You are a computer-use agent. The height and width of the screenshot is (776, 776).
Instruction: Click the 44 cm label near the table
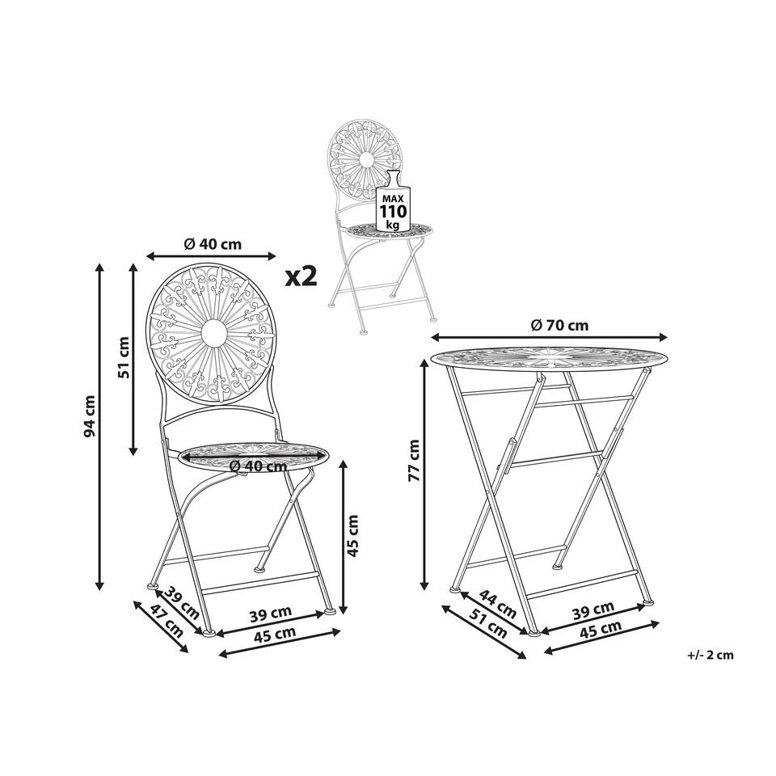click(498, 605)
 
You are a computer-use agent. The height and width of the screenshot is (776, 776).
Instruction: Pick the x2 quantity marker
click(301, 276)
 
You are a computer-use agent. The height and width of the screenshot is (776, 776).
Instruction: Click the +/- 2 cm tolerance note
click(711, 656)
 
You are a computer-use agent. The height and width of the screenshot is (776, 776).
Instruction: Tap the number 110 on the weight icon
click(393, 211)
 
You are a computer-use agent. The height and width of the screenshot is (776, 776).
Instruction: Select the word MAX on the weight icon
click(393, 198)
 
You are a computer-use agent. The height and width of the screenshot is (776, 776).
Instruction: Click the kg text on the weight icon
click(393, 225)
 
